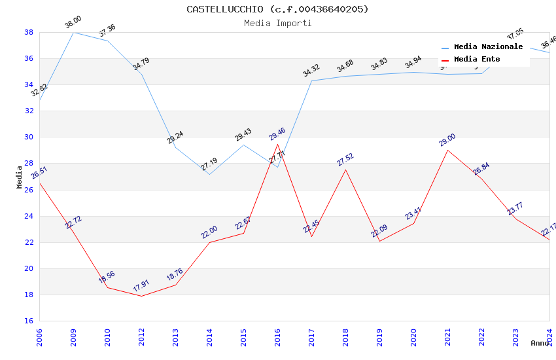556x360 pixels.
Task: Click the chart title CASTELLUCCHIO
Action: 277,9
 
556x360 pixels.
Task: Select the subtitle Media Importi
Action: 277,23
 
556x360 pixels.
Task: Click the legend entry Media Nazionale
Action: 488,46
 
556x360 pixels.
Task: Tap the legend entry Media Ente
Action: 477,59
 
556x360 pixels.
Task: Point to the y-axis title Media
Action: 20,177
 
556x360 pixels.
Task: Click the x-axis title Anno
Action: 540,343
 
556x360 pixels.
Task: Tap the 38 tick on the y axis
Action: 29,32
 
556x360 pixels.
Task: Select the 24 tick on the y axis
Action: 29,216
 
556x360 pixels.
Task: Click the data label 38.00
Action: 73,23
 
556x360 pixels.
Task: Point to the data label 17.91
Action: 141,286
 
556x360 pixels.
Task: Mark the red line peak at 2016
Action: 277,144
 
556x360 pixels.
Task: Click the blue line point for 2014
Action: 209,174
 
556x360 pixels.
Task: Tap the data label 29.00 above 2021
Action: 447,140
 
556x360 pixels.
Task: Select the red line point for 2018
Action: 345,170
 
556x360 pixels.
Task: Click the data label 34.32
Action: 311,71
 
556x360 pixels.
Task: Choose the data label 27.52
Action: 345,160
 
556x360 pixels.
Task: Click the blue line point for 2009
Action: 73,32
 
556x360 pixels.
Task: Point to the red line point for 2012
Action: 141,296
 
